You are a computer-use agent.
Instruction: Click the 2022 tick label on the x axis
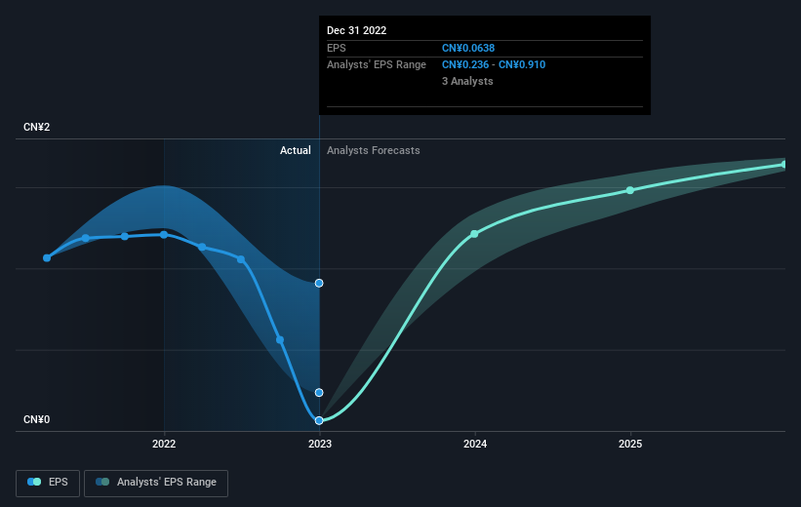click(x=164, y=445)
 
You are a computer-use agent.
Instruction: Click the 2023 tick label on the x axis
click(x=319, y=445)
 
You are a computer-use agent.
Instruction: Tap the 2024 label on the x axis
click(x=475, y=445)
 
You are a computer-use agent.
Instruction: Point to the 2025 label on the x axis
click(x=630, y=445)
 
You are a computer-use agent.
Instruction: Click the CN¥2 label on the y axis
click(x=38, y=128)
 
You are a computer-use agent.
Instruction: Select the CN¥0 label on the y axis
click(x=38, y=420)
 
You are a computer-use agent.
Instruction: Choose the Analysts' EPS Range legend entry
click(x=156, y=482)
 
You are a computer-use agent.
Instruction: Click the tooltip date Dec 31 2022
click(x=357, y=30)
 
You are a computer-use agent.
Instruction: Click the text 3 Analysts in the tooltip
click(x=467, y=82)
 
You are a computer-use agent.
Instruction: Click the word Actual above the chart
click(x=295, y=150)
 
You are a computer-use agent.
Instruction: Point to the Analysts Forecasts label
click(x=374, y=150)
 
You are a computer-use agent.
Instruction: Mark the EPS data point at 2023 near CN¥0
click(x=319, y=420)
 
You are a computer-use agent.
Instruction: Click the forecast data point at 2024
click(x=475, y=234)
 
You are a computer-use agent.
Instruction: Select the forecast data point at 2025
click(x=630, y=190)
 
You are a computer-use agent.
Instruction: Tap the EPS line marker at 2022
click(x=164, y=234)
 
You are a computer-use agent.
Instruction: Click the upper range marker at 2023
click(x=319, y=283)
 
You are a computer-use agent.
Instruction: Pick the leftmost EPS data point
click(x=47, y=257)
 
